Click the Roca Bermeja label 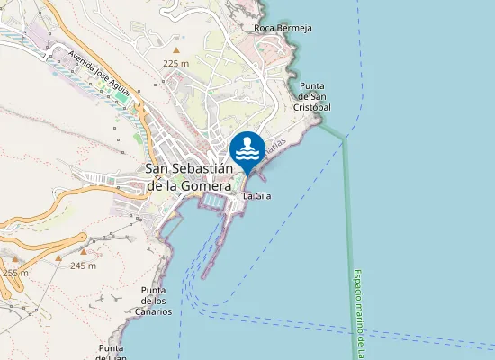pyautogui.click(x=283, y=28)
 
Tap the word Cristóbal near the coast pyautogui.click(x=312, y=107)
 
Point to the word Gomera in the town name pyautogui.click(x=202, y=185)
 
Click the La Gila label pyautogui.click(x=257, y=195)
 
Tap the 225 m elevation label pyautogui.click(x=175, y=64)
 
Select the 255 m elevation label pyautogui.click(x=14, y=272)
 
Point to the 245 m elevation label pyautogui.click(x=83, y=265)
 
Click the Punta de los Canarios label pyautogui.click(x=156, y=301)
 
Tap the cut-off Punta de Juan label pyautogui.click(x=112, y=352)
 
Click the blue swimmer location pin pyautogui.click(x=247, y=149)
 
